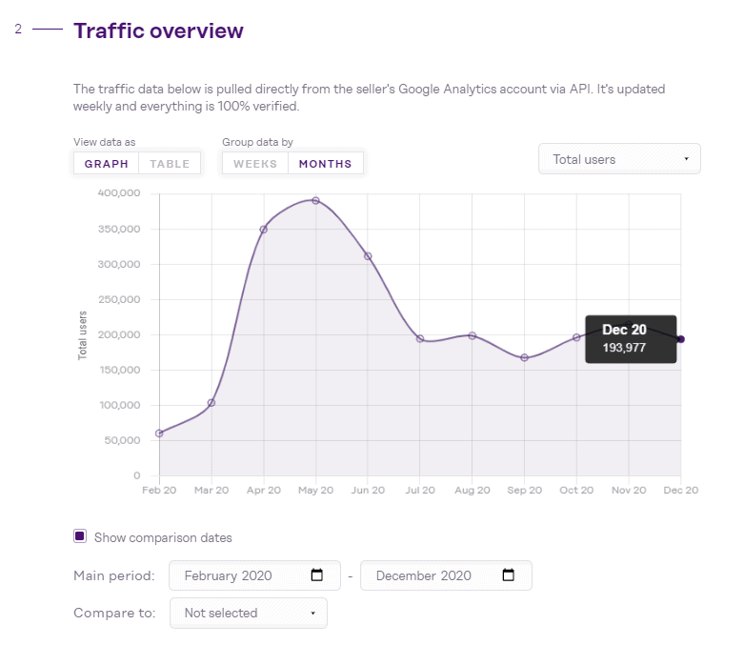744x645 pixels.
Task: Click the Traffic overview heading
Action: (x=158, y=30)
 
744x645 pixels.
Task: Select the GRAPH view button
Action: (x=106, y=164)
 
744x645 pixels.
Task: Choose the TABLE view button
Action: (x=170, y=164)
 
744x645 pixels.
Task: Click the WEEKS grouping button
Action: (x=255, y=164)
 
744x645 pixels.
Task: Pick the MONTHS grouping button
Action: (x=325, y=164)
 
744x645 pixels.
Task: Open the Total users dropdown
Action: (x=619, y=159)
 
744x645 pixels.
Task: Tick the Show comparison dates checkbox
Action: (x=80, y=536)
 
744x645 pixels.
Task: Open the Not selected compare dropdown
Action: (x=248, y=613)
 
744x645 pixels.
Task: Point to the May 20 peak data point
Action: (x=315, y=200)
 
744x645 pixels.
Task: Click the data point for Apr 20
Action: (x=263, y=229)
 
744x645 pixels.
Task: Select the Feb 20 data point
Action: (x=159, y=433)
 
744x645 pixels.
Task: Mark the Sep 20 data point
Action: (x=524, y=357)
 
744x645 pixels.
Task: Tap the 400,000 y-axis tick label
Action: (x=119, y=193)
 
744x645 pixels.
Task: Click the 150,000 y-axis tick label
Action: (x=119, y=370)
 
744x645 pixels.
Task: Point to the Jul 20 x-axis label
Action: (x=420, y=490)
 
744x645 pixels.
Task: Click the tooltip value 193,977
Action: (x=624, y=348)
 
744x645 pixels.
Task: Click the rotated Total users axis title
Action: (x=83, y=334)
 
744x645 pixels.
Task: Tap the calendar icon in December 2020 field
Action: (x=508, y=575)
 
